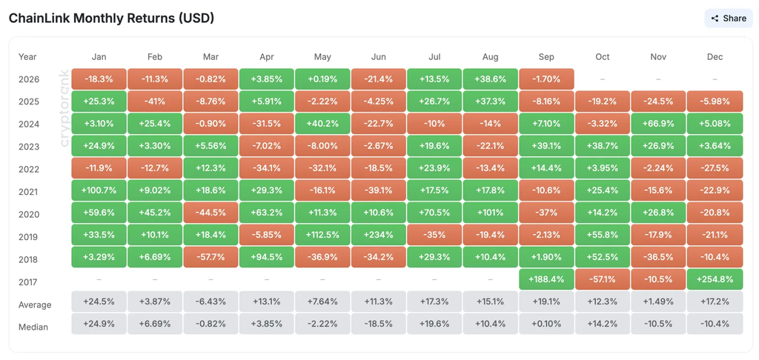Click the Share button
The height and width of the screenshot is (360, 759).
pyautogui.click(x=729, y=19)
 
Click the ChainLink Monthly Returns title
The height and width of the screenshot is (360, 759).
pyautogui.click(x=111, y=19)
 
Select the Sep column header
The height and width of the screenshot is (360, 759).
pyautogui.click(x=546, y=56)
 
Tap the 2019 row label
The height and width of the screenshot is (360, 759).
pyautogui.click(x=28, y=237)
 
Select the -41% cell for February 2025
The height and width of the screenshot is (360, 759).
pyautogui.click(x=155, y=101)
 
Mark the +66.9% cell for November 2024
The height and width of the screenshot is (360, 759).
pyautogui.click(x=658, y=124)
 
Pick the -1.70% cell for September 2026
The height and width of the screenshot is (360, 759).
pyautogui.click(x=546, y=79)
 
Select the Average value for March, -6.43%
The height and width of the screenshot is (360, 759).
pyautogui.click(x=211, y=302)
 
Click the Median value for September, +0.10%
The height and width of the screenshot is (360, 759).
pyautogui.click(x=546, y=324)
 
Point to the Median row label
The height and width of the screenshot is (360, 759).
pyautogui.click(x=33, y=327)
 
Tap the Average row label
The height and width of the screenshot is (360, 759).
pyautogui.click(x=35, y=305)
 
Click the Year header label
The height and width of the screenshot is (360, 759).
pyautogui.click(x=27, y=56)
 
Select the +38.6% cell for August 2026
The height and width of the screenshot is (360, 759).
pyautogui.click(x=491, y=79)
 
